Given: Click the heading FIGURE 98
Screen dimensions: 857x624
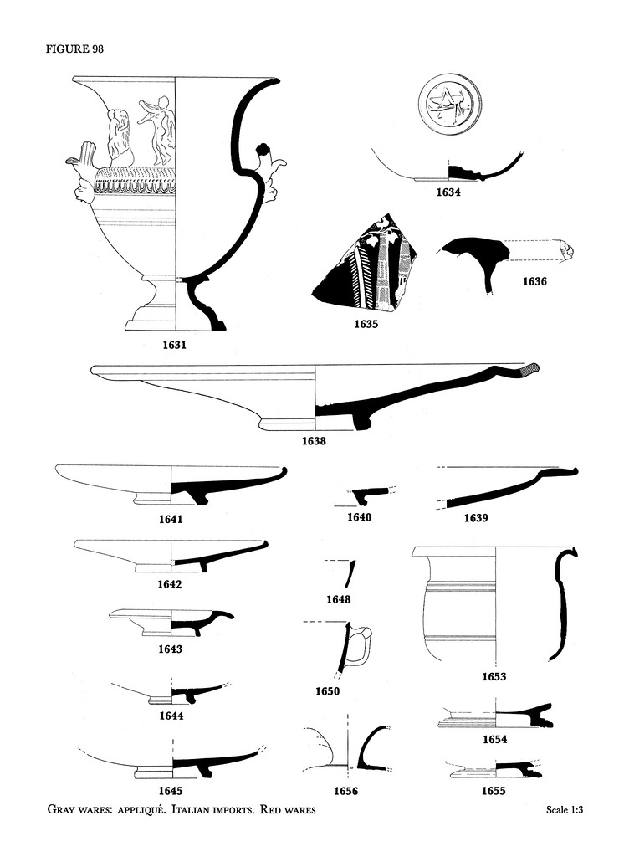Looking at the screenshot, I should (x=74, y=49).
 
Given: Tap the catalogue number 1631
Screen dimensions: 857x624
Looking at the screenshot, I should (x=175, y=344).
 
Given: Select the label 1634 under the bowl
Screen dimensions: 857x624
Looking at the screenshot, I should (x=448, y=192).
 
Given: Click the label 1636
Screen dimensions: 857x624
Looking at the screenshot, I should (x=534, y=281).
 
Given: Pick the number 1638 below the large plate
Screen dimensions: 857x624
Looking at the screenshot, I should (x=314, y=441).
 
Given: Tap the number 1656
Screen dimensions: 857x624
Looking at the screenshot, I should (x=345, y=790).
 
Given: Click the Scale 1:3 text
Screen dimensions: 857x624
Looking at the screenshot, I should (x=564, y=810).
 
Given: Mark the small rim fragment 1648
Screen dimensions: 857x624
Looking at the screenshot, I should (x=350, y=573).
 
